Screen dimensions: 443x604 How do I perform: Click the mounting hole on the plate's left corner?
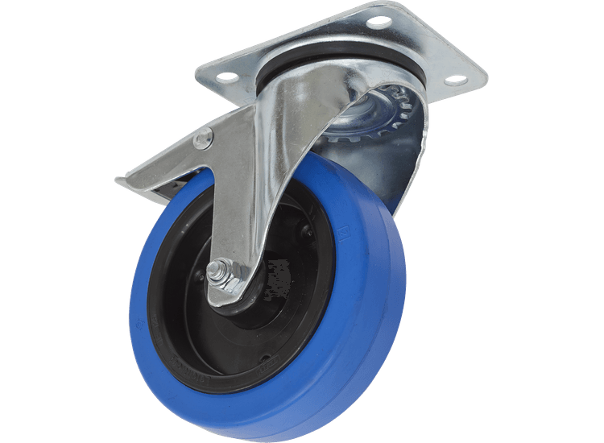click(x=227, y=77)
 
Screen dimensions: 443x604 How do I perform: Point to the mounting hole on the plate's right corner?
click(x=455, y=80)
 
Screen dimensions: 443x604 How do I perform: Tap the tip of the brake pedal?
click(x=123, y=183)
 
